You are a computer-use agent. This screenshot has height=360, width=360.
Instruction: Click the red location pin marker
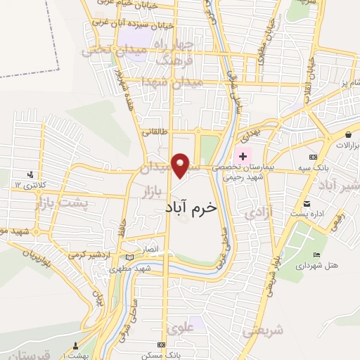181,165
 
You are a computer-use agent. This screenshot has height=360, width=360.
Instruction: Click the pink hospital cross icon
243,155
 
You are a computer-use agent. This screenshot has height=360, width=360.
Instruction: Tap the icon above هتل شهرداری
316,255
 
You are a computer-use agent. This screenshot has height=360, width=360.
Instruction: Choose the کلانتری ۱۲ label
29,184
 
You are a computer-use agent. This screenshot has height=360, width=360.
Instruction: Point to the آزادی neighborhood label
254,213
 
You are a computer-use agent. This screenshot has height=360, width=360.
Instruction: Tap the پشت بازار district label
62,204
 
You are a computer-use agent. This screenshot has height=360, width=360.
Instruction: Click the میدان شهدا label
171,82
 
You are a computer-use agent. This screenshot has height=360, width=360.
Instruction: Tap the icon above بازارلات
348,133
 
